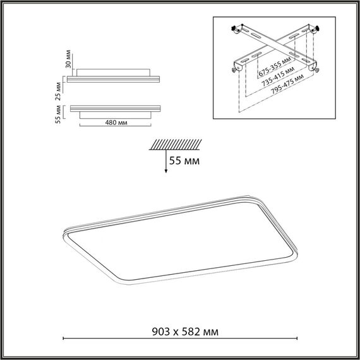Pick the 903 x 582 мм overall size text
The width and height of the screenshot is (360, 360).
click(180, 330)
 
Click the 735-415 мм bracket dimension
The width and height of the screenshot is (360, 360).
click(282, 74)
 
